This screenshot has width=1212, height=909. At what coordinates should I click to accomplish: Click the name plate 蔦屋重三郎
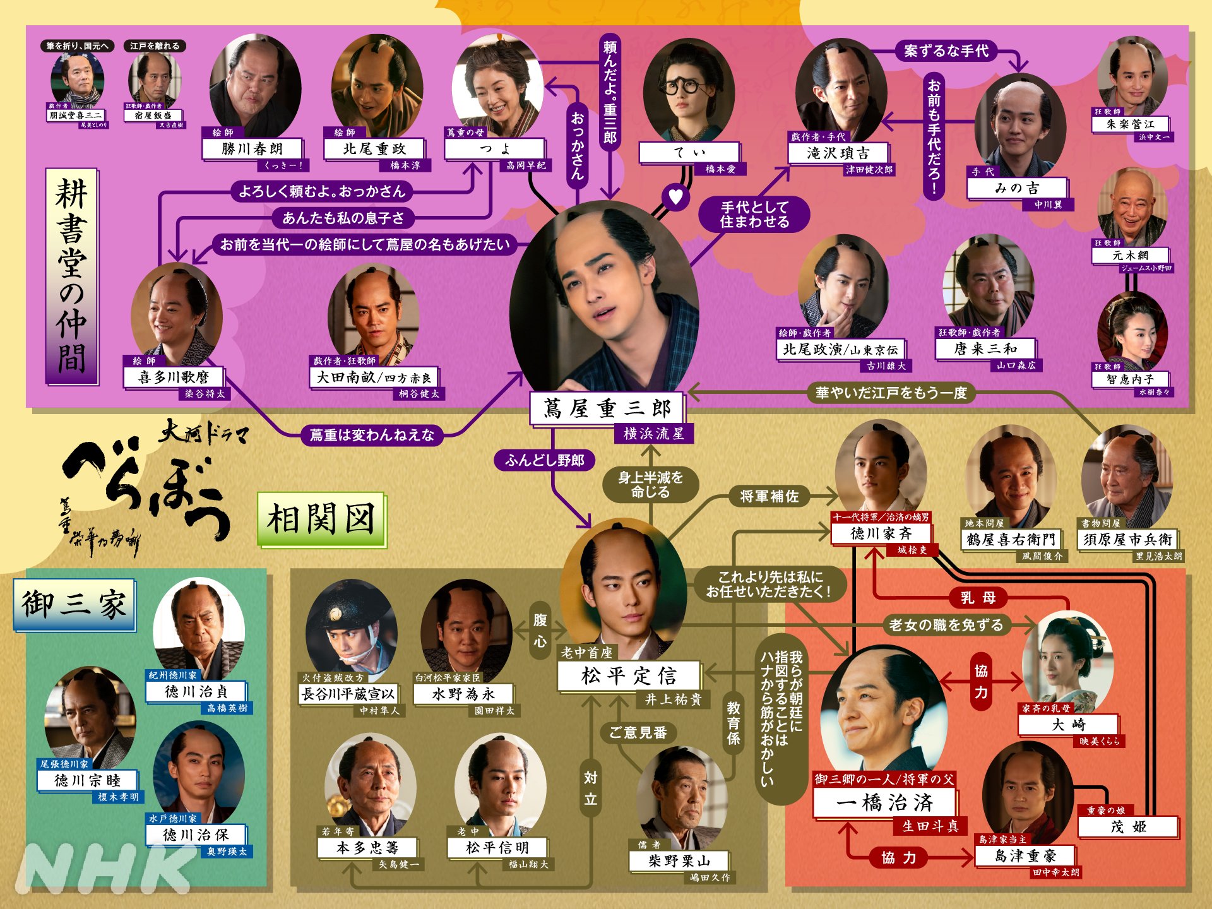[x=607, y=408]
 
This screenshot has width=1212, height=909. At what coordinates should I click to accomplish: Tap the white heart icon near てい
[x=675, y=196]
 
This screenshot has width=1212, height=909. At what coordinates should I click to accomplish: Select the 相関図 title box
[x=321, y=520]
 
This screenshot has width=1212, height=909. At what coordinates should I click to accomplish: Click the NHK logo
[x=104, y=869]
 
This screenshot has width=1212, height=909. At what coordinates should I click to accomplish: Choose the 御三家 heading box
[x=74, y=605]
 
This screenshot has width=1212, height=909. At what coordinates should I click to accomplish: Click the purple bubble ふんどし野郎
[x=545, y=460]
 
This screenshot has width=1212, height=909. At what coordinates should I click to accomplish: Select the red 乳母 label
[x=978, y=597]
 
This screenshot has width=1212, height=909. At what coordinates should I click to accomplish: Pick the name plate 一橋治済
[x=884, y=803]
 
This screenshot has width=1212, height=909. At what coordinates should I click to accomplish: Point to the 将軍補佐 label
[x=769, y=497]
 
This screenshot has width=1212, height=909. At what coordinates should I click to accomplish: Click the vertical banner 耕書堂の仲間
[x=71, y=276]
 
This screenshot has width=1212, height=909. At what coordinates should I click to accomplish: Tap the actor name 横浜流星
[x=653, y=434]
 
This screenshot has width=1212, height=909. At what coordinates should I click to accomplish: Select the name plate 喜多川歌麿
[x=174, y=377]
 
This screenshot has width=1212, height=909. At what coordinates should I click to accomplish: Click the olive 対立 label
[x=590, y=788]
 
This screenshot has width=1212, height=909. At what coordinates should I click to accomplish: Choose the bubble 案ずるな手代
[x=946, y=51]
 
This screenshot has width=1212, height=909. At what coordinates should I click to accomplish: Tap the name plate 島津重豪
[x=1025, y=856]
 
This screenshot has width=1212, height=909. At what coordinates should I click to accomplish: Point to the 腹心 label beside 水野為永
[x=540, y=630]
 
